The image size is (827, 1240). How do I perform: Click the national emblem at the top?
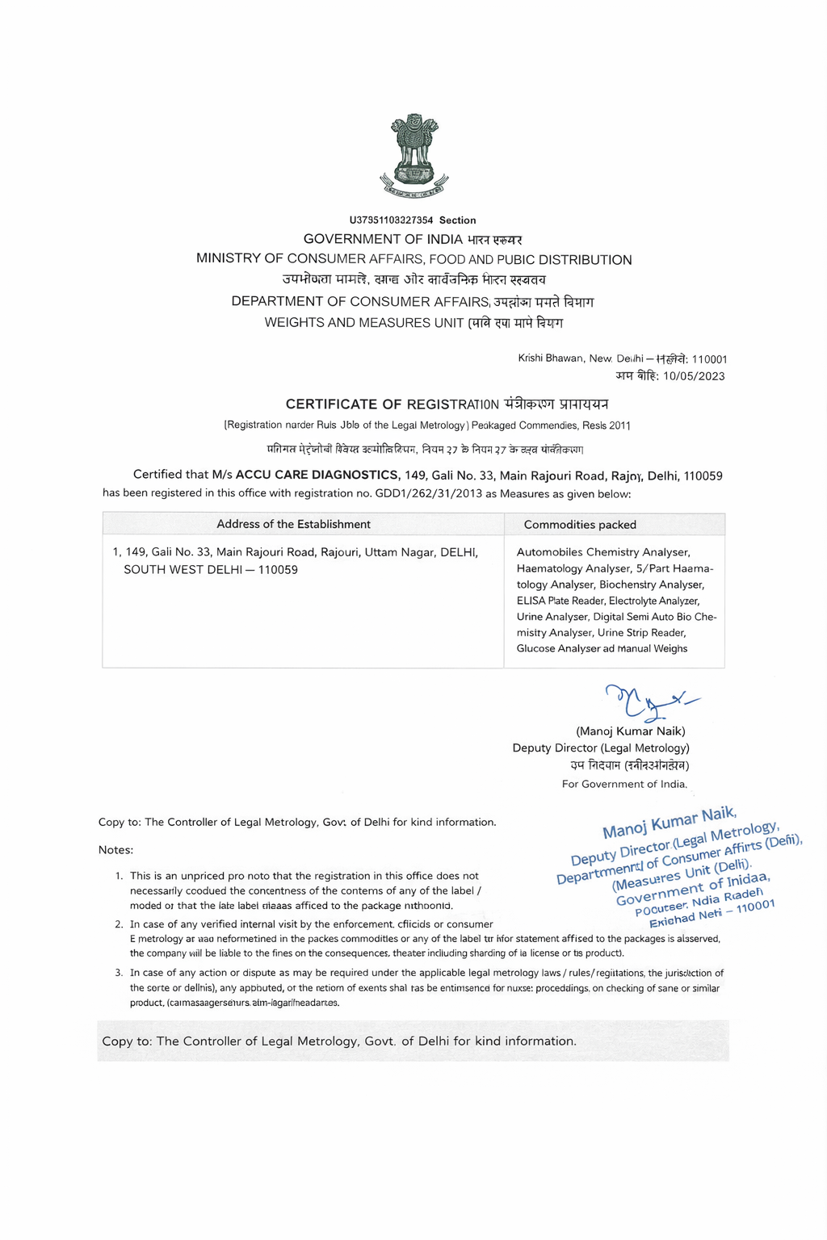click(x=413, y=156)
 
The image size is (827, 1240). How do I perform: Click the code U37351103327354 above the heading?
click(x=391, y=220)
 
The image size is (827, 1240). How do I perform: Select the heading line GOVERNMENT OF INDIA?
click(x=383, y=239)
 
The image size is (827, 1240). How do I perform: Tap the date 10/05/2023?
click(x=694, y=376)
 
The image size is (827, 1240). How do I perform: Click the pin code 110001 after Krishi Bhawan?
click(x=709, y=359)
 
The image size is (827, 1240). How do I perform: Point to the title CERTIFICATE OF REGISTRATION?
click(x=393, y=404)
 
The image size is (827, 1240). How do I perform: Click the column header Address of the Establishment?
click(x=293, y=525)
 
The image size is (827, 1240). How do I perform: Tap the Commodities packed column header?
click(x=580, y=525)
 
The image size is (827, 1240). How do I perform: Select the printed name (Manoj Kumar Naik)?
click(x=630, y=731)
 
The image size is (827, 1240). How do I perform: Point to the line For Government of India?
click(x=624, y=784)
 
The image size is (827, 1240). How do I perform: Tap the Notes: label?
click(x=115, y=850)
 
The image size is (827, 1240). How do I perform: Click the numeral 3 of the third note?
click(x=119, y=973)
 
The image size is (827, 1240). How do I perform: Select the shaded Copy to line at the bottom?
click(x=339, y=1041)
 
